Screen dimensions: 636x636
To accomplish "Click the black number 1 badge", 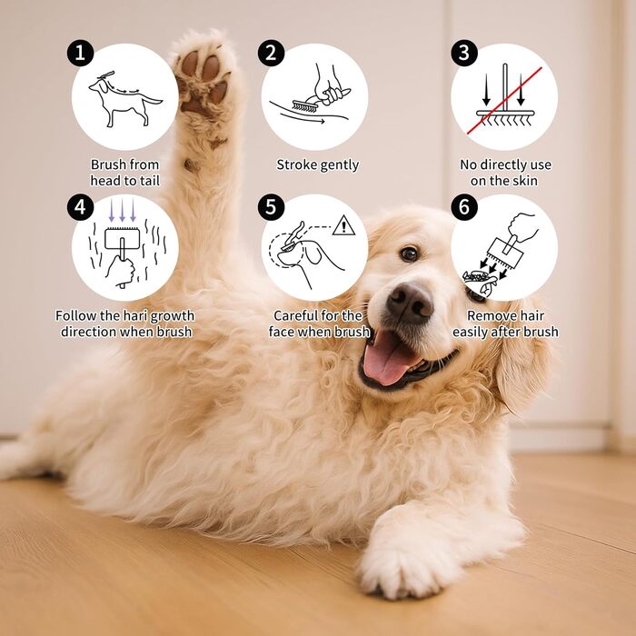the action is (x=80, y=53).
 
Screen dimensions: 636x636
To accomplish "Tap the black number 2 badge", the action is (x=271, y=53).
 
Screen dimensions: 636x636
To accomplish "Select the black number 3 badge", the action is (x=464, y=53).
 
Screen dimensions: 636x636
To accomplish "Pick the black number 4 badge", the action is (x=80, y=207).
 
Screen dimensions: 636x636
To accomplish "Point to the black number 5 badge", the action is (x=271, y=207).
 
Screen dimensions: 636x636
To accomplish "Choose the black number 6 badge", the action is (x=464, y=207).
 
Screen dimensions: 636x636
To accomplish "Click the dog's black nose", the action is (x=410, y=303).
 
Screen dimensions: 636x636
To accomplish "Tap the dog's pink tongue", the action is (x=387, y=358).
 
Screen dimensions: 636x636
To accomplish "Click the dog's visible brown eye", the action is (x=409, y=253).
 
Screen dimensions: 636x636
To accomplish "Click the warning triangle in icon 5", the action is (x=343, y=225).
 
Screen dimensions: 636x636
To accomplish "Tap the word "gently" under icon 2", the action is (x=339, y=165).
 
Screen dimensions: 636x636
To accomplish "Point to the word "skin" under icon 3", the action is (x=525, y=181).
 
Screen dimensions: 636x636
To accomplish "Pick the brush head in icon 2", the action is (x=303, y=106).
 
